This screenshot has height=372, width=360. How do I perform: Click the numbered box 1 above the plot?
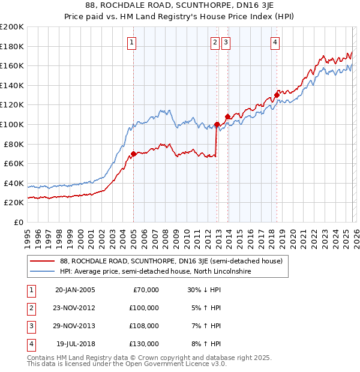[x=131, y=42]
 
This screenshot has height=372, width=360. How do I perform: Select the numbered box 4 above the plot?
[x=275, y=42]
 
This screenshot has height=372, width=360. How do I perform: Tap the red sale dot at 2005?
[x=133, y=154]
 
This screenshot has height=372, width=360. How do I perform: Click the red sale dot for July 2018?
[x=277, y=95]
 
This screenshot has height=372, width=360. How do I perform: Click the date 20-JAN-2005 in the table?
[x=74, y=290]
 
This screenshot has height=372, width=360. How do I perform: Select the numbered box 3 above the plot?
[x=226, y=42]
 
